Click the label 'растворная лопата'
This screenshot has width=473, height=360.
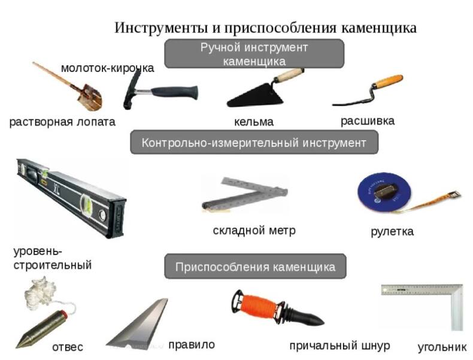(62, 122)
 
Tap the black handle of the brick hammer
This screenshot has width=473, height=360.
(174, 92)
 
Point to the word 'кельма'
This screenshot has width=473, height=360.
(254, 122)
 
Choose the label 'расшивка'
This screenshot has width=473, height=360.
(368, 121)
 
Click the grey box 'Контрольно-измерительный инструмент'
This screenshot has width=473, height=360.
(254, 143)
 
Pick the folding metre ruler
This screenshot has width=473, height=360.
(245, 195)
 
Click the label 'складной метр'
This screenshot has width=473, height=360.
(254, 231)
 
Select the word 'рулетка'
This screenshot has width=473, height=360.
(392, 232)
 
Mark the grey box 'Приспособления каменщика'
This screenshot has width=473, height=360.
(255, 267)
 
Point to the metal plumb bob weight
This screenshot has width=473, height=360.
(41, 329)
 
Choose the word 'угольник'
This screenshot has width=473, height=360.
(442, 347)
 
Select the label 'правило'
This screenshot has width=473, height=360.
(192, 344)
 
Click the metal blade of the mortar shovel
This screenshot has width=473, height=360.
(90, 97)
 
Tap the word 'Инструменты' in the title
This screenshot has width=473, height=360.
(161, 28)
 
